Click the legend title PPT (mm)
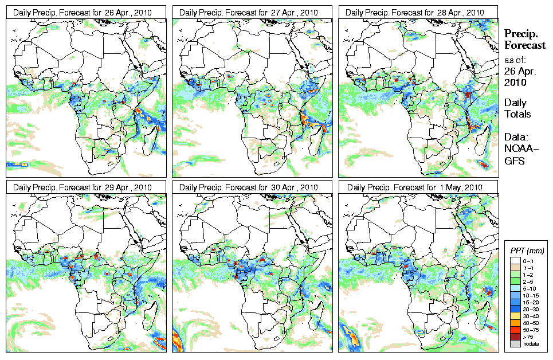point(527,251)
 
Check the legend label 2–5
point(531,281)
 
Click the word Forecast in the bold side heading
point(524,46)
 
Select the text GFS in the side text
point(513,161)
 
